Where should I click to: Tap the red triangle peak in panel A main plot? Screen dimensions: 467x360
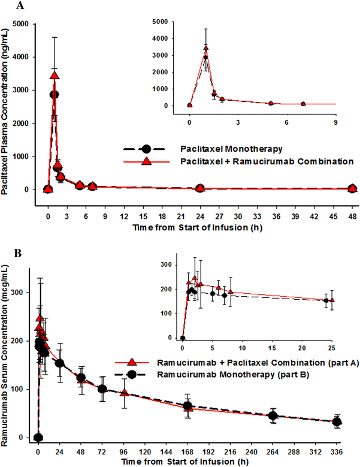pyautogui.click(x=55, y=76)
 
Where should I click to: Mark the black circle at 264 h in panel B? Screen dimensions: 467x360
pyautogui.click(x=273, y=416)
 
